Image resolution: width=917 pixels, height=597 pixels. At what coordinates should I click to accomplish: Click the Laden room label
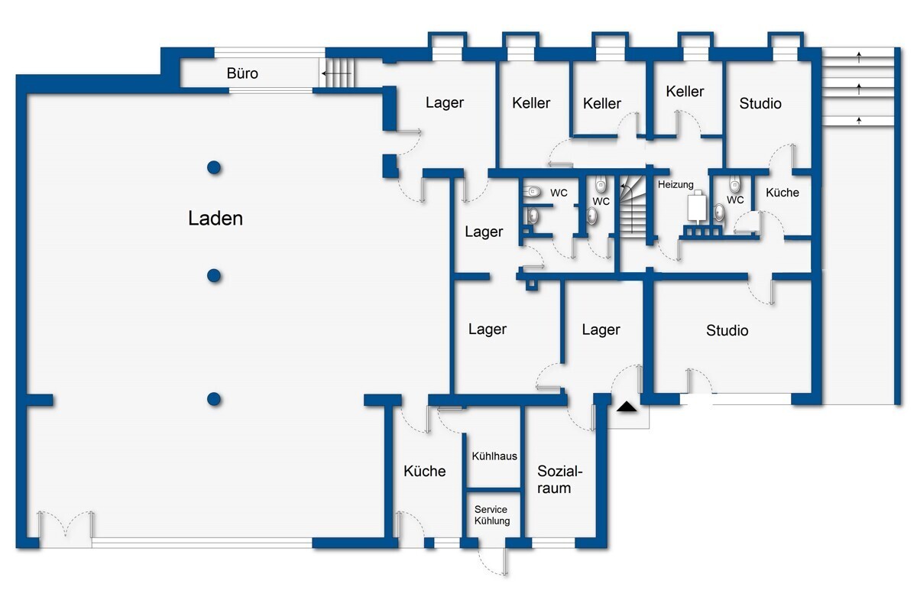pyautogui.click(x=215, y=218)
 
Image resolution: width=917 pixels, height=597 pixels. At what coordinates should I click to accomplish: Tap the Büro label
pyautogui.click(x=242, y=73)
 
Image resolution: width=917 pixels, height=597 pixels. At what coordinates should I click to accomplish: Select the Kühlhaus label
pyautogui.click(x=494, y=456)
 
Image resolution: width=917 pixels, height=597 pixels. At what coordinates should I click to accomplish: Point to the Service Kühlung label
pyautogui.click(x=491, y=515)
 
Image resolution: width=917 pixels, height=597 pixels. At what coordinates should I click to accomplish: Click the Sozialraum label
pyautogui.click(x=559, y=479)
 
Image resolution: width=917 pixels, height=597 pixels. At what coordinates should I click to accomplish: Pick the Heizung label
pyautogui.click(x=676, y=185)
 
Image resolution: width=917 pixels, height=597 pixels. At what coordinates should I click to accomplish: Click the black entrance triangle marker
pyautogui.click(x=627, y=407)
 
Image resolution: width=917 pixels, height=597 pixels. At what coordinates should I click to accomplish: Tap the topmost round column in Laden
pyautogui.click(x=214, y=167)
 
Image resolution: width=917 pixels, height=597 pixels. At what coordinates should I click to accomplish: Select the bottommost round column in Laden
pyautogui.click(x=214, y=399)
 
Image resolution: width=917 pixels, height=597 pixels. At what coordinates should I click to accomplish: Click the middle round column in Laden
pyautogui.click(x=214, y=276)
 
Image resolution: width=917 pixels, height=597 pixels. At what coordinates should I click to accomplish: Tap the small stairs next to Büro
pyautogui.click(x=336, y=73)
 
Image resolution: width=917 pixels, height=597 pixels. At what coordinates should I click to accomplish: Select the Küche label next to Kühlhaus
pyautogui.click(x=425, y=472)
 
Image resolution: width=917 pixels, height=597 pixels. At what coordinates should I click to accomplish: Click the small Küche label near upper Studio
pyautogui.click(x=783, y=193)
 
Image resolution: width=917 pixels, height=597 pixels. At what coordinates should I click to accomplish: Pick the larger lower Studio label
pyautogui.click(x=727, y=330)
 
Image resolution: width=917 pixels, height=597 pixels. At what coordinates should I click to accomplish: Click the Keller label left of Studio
pyautogui.click(x=685, y=91)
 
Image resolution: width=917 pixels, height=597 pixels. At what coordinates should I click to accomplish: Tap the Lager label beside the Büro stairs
pyautogui.click(x=445, y=102)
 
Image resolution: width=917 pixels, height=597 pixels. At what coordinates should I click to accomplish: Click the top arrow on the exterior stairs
pyautogui.click(x=859, y=57)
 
